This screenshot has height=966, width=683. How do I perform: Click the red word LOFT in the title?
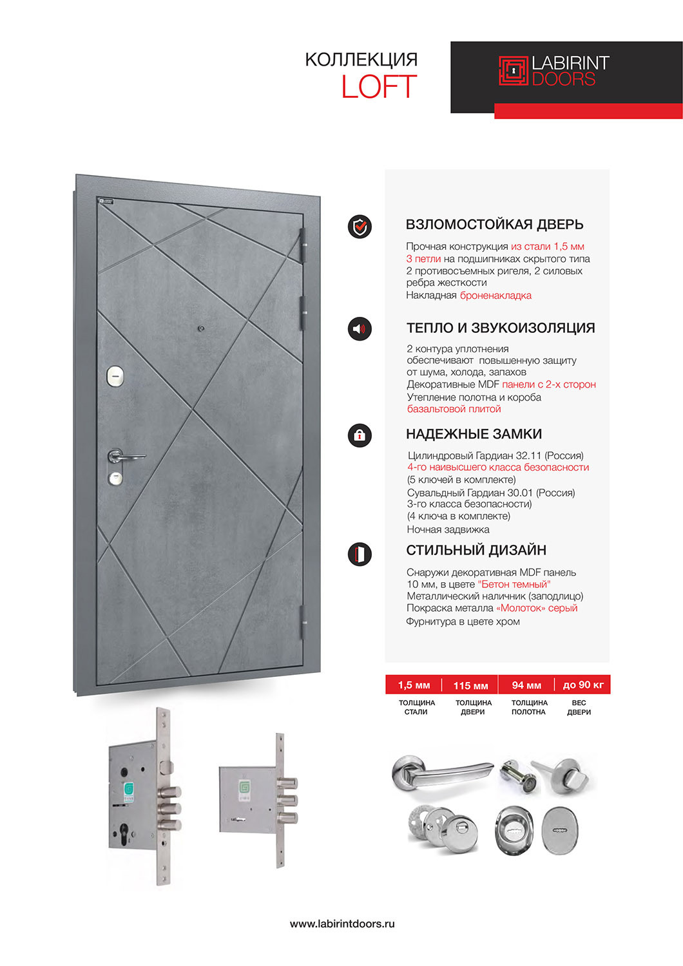click(x=379, y=87)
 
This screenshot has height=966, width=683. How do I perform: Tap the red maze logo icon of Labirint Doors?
click(x=513, y=71)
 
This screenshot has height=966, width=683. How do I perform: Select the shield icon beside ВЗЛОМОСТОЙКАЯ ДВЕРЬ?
click(x=360, y=227)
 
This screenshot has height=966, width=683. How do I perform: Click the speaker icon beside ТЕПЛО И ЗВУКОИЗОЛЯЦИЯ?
click(x=360, y=329)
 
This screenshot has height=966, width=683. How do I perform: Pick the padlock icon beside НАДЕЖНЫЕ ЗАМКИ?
click(x=360, y=435)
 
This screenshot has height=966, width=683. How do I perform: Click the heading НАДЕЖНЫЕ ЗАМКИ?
click(x=474, y=434)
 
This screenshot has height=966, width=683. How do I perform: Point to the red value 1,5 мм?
click(x=414, y=685)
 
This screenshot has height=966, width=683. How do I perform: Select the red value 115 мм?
click(x=470, y=685)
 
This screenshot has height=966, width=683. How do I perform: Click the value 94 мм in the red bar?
click(x=526, y=685)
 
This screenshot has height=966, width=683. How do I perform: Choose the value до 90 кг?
click(x=583, y=685)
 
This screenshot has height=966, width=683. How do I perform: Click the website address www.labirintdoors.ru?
click(x=342, y=923)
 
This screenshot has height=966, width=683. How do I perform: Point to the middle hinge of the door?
click(x=302, y=310)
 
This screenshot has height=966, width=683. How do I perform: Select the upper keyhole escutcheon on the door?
click(x=115, y=376)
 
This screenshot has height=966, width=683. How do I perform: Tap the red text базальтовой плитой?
click(x=454, y=409)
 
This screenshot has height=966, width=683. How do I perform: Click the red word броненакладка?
click(x=495, y=296)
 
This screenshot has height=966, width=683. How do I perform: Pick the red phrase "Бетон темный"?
click(x=514, y=584)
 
